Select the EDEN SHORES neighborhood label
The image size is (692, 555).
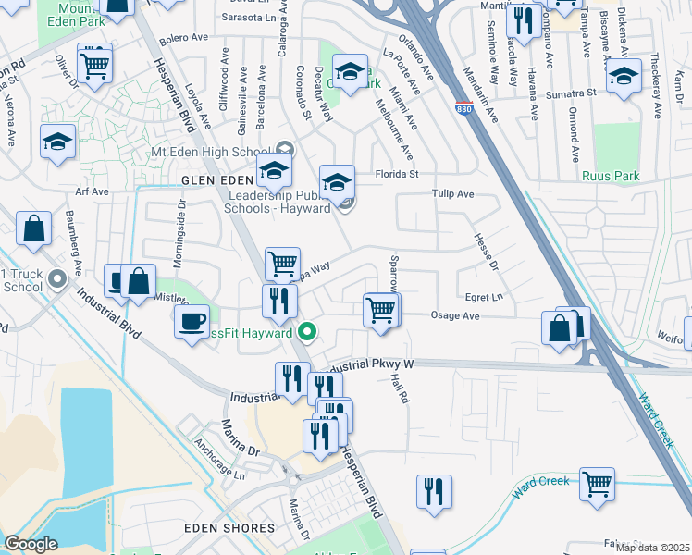pos(230,528)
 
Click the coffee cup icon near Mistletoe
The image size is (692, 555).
pos(192,322)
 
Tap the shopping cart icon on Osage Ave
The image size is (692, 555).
pos(381,310)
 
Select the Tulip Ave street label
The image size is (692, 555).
pos(452,194)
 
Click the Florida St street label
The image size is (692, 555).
pos(397,173)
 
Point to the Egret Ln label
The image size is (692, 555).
pos(484,297)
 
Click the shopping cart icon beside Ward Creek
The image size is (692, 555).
pos(598,483)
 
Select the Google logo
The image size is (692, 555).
pos(31,544)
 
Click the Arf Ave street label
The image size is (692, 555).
pos(93,191)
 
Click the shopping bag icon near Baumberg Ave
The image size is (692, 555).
pos(33,231)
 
